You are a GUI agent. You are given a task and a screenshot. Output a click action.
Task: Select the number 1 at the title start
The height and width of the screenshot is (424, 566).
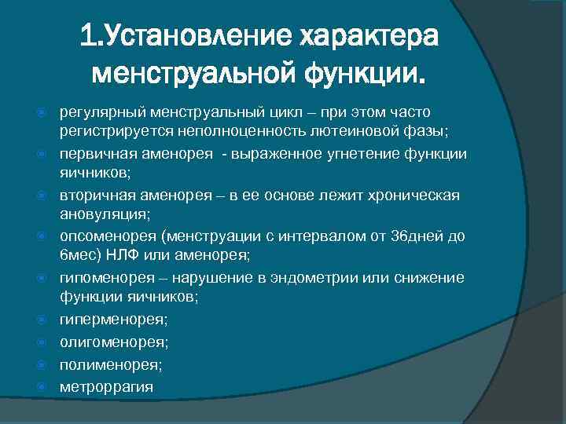[x=87, y=36]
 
